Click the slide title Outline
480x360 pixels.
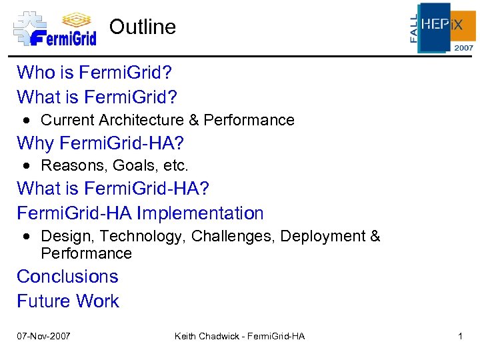tap(143, 27)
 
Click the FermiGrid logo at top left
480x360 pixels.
tap(55, 29)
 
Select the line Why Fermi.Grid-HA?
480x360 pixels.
tap(100, 143)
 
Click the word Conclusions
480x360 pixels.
tap(67, 277)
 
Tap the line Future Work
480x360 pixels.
tap(68, 301)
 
